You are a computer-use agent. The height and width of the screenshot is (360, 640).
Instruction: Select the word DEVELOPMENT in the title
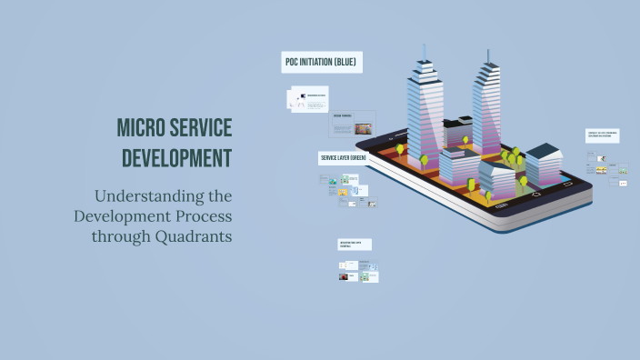point(176,157)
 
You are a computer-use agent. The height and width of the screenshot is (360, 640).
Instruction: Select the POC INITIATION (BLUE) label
point(322,62)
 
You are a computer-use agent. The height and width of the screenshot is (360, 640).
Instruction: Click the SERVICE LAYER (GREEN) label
point(343,157)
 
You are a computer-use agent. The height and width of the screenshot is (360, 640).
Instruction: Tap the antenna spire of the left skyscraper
point(424,53)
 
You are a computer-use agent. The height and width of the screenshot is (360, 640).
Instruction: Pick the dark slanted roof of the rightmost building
point(543,151)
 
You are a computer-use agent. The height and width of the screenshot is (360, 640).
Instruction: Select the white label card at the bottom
point(355,245)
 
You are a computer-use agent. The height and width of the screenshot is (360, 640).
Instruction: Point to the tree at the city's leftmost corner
point(399,148)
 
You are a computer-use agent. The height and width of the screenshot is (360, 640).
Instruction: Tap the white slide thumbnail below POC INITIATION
point(307,99)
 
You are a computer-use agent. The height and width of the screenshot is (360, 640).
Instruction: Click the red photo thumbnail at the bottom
point(348,275)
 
